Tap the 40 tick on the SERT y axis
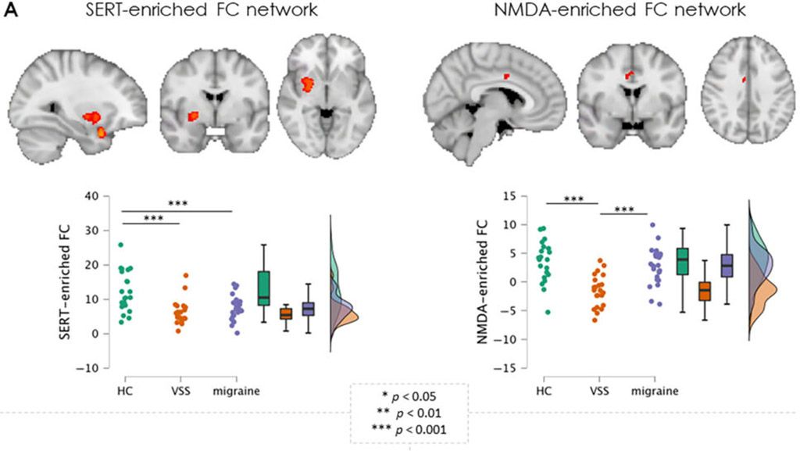tap(100, 195)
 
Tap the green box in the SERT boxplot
tap(263, 288)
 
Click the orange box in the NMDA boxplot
tap(705, 291)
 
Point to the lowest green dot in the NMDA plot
tap(548, 312)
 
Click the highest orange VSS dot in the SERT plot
tap(185, 275)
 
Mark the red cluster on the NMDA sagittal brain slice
tap(507, 76)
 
